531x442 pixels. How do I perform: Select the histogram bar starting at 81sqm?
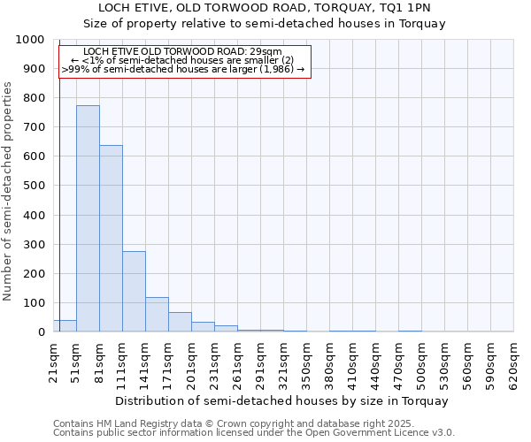point(111,239)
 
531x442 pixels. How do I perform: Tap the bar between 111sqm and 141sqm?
point(134,292)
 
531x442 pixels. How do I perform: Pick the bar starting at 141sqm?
point(157,315)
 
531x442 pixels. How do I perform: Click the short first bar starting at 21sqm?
point(65,326)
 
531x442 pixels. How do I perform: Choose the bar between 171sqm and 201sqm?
point(180,322)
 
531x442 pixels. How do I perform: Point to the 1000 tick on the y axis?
point(31,40)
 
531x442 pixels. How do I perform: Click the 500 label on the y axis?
point(35,186)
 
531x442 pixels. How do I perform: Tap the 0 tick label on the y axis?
point(42,332)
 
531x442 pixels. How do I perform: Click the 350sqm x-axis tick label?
point(307,363)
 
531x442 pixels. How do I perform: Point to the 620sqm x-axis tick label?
point(514,363)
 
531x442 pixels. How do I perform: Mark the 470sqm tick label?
point(399,363)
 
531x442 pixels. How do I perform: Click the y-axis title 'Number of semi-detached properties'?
point(8,191)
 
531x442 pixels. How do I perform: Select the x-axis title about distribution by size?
point(281,400)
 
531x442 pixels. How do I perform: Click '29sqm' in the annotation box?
point(266,52)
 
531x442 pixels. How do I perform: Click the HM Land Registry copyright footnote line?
point(227,423)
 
